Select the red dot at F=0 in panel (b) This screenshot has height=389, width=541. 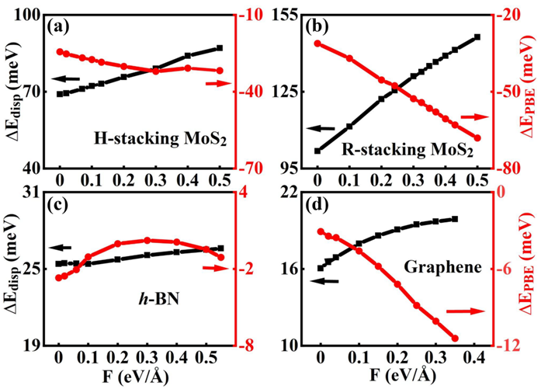click(317, 43)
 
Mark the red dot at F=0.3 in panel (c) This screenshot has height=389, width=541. click(147, 241)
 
